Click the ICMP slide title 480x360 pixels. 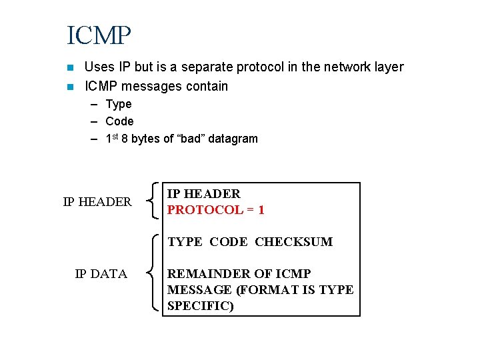99,35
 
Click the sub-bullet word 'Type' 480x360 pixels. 119,104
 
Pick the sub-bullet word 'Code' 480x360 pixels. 119,121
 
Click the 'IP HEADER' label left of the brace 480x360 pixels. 97,201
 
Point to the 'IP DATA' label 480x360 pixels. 101,273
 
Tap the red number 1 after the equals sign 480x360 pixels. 261,210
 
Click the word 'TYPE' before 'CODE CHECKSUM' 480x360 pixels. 185,242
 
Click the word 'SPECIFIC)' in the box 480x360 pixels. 201,305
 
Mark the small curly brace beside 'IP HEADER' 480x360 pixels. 155,201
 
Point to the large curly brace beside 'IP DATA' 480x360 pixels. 155,273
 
